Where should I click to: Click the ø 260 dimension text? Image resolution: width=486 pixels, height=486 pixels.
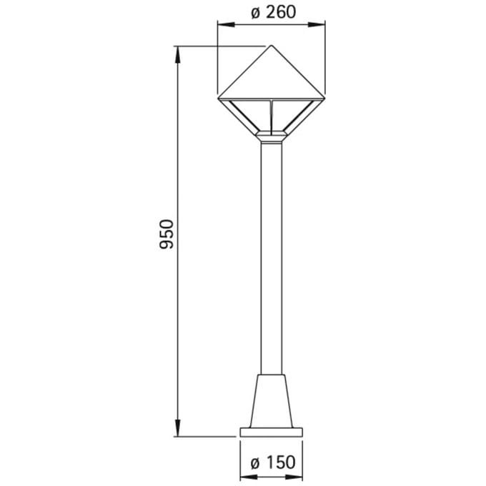tap(273, 13)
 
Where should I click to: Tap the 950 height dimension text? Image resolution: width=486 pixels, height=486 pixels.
tap(167, 234)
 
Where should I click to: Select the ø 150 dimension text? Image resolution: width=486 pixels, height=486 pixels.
tap(273, 462)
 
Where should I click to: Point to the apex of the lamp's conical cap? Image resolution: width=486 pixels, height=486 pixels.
tap(272, 46)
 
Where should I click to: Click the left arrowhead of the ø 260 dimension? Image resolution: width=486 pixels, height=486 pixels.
tap(227, 25)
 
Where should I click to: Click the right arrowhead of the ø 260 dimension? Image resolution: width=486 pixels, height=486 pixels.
tap(317, 25)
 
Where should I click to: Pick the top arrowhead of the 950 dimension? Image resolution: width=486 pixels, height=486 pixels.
tap(177, 55)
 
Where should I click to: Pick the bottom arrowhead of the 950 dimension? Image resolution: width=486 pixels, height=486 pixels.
tap(177, 427)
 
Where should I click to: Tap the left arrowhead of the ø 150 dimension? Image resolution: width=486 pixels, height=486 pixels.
tap(249, 477)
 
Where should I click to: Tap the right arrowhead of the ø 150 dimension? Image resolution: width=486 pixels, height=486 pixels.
tap(294, 477)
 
